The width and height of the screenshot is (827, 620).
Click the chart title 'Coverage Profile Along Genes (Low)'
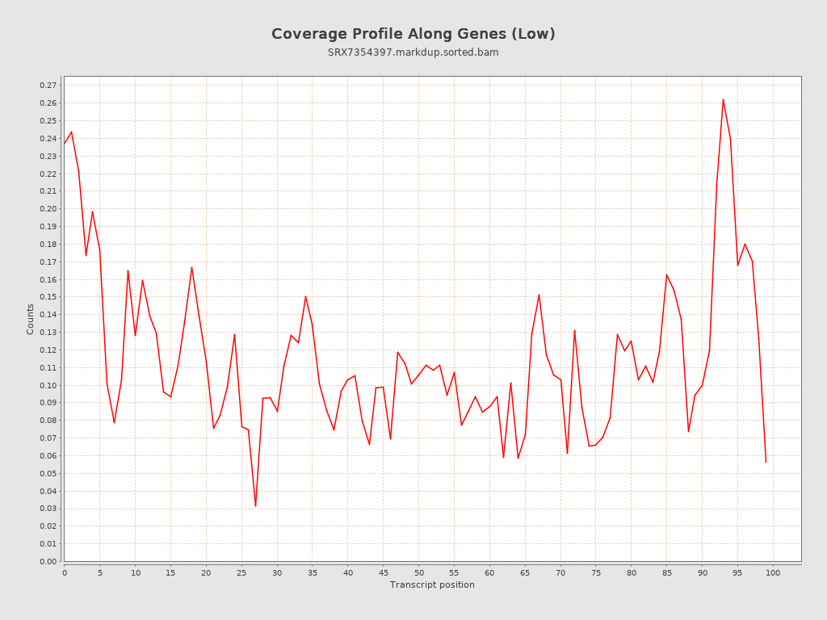413,34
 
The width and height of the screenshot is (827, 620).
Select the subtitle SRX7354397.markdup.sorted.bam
413,52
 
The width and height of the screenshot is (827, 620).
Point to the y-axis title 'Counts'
31,319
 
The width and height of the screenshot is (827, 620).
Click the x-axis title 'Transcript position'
432,584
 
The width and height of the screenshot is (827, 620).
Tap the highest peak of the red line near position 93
723,99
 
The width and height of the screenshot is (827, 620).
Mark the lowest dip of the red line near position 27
255,506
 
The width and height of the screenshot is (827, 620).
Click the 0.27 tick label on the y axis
48,86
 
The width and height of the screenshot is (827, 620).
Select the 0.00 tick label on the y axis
48,561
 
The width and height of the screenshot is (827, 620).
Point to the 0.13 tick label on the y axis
48,332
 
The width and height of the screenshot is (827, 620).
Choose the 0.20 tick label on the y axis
48,208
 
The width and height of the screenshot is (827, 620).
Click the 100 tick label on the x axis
773,572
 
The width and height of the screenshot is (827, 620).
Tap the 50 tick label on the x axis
418,572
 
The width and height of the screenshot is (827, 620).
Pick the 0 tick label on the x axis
65,572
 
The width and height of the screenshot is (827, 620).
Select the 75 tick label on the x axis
596,572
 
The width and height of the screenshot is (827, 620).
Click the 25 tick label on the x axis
241,572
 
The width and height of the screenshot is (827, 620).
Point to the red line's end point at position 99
766,462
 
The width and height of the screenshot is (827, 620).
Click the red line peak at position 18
191,267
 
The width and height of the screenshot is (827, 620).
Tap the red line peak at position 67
539,295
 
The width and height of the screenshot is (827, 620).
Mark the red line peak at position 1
71,132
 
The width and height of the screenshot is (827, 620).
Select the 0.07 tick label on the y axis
48,438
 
